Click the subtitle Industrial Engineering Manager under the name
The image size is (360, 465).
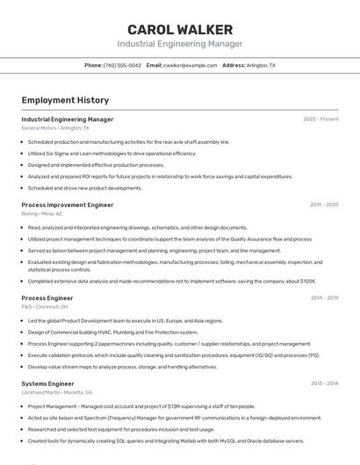click(x=180, y=44)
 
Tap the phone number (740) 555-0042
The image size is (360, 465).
click(x=122, y=65)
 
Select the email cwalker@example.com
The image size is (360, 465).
click(x=191, y=65)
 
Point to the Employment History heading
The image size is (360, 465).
click(x=65, y=100)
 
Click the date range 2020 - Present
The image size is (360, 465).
click(x=320, y=118)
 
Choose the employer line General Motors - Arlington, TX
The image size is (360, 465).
click(x=55, y=128)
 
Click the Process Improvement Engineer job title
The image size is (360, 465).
click(x=68, y=204)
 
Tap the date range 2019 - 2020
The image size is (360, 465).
click(x=324, y=204)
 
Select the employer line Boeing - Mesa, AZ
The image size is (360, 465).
click(x=41, y=213)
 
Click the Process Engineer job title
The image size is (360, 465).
click(x=47, y=298)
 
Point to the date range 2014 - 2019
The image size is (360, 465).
click(x=324, y=298)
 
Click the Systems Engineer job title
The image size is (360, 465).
click(x=48, y=383)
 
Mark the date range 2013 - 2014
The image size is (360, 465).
click(x=324, y=383)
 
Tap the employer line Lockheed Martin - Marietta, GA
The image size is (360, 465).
click(x=59, y=392)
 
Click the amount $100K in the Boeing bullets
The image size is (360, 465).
click(x=308, y=282)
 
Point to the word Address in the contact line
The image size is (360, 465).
click(x=234, y=65)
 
